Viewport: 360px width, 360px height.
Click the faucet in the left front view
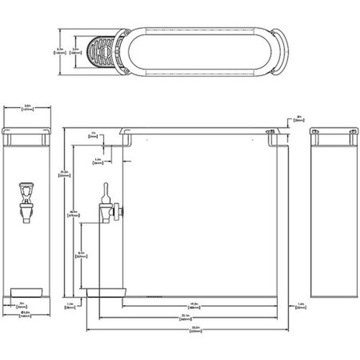coord(27,201)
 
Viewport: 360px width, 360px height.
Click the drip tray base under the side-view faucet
coord(106,292)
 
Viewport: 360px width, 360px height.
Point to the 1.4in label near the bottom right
coord(300,305)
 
